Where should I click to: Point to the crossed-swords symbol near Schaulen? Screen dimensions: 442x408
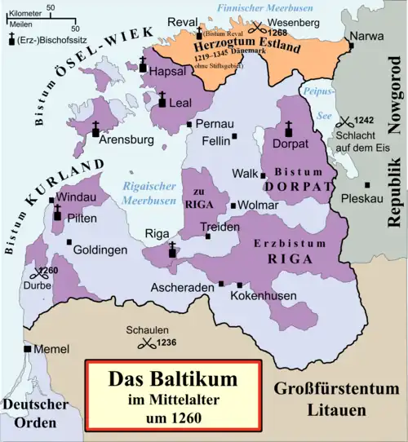click(148, 343)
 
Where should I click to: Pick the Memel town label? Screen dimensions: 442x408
click(50, 348)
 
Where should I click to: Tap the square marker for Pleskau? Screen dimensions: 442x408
click(369, 185)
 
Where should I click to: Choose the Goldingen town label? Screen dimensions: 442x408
click(100, 247)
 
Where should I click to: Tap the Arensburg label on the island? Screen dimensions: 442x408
click(126, 139)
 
